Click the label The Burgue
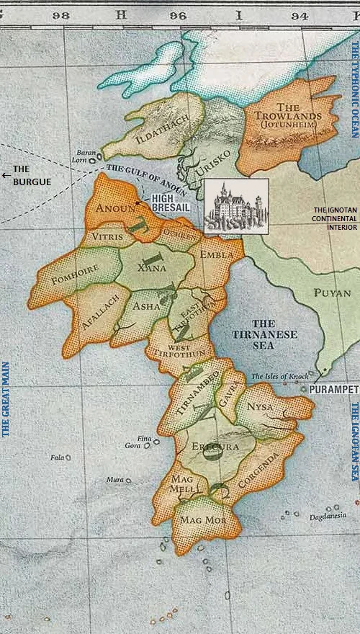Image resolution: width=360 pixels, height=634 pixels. (x=32, y=177)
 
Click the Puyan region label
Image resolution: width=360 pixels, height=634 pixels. (x=331, y=293)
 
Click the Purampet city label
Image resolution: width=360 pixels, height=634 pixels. (x=333, y=388)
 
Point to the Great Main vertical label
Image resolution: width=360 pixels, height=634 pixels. (x=6, y=399)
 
